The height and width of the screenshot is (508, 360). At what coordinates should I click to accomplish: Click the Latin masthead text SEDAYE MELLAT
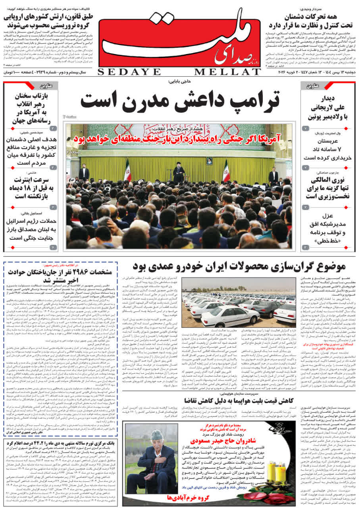tap(179, 72)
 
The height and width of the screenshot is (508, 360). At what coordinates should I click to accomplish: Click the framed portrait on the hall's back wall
tap(209, 160)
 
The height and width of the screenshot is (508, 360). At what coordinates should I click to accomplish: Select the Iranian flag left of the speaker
tap(127, 171)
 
